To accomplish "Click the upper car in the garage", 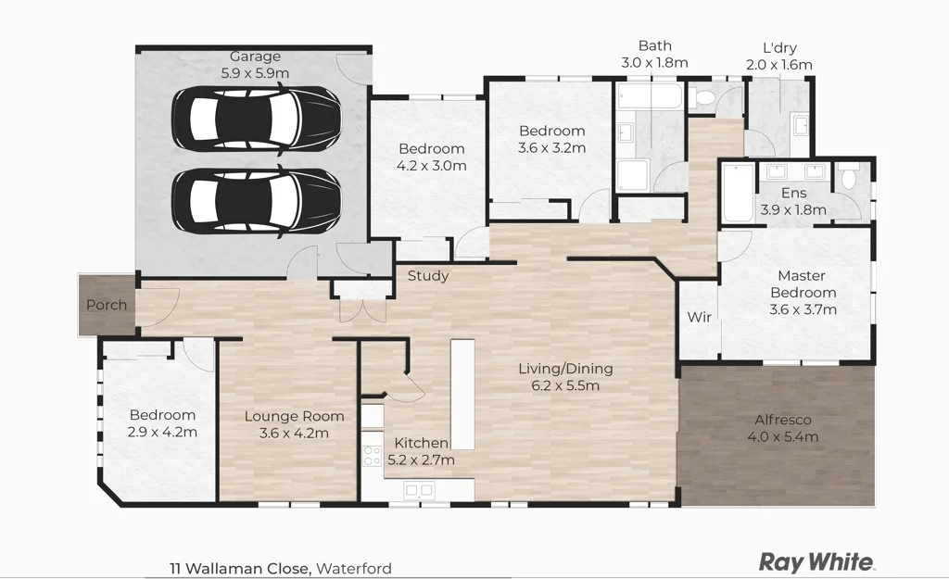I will tap(257, 119).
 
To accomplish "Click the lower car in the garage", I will tap(257, 202).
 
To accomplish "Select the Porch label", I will tap(106, 305).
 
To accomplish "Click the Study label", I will tap(428, 275).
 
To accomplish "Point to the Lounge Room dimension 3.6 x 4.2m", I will tap(294, 433).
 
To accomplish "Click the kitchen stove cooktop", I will tap(373, 455).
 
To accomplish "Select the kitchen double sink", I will tap(419, 490).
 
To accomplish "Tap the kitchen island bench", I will tap(462, 381).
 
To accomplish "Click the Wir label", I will tap(699, 317).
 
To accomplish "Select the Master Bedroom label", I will tap(802, 284).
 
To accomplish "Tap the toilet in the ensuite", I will tap(848, 177).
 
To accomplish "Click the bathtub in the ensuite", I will tap(738, 193).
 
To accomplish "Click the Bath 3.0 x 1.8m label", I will tap(654, 54).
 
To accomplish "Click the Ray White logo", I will tap(816, 561).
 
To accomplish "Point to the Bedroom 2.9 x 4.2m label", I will tap(162, 423).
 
